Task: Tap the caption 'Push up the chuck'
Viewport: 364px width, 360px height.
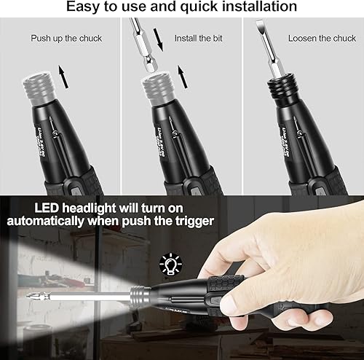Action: pos(66,37)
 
